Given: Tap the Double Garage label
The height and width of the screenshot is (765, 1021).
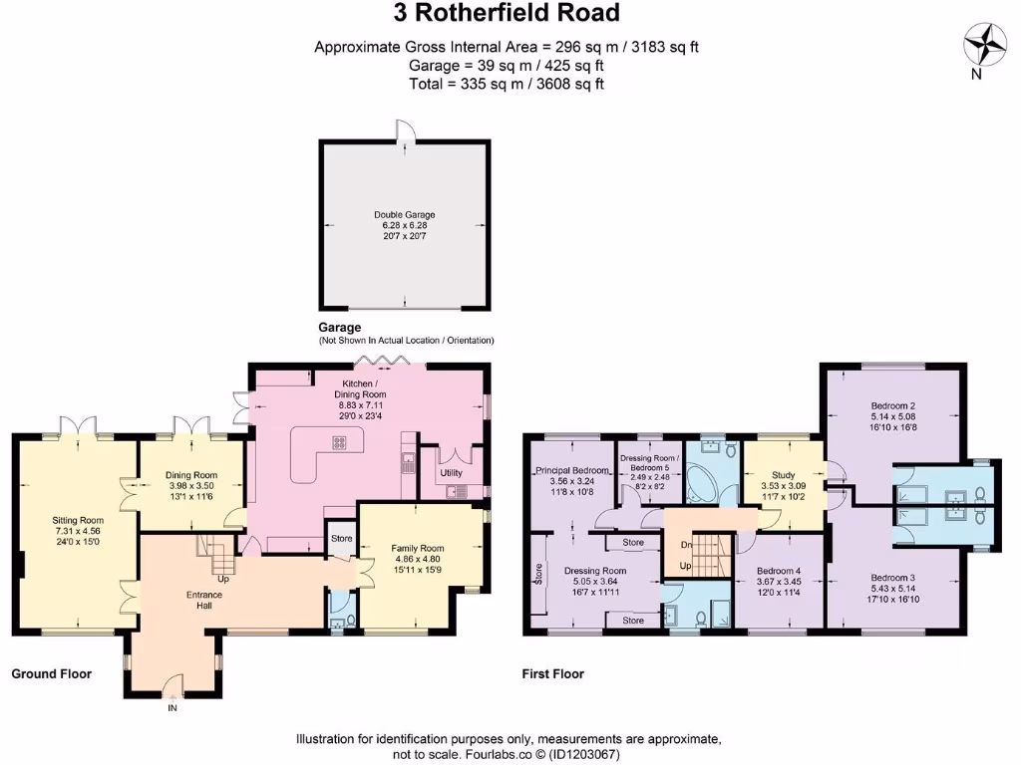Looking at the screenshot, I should point(404,214).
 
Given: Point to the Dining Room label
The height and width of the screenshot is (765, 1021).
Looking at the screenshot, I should point(191,475).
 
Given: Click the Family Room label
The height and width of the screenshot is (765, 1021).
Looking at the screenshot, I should point(418,549).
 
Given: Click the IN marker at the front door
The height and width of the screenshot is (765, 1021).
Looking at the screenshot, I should point(171,708).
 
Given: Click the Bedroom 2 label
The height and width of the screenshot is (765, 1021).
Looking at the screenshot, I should point(892,405).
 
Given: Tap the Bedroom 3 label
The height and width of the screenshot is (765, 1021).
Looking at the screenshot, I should point(892,578).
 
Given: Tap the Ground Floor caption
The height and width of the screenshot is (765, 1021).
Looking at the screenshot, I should point(51,674).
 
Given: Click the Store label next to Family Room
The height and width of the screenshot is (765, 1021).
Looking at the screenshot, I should point(342,540).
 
